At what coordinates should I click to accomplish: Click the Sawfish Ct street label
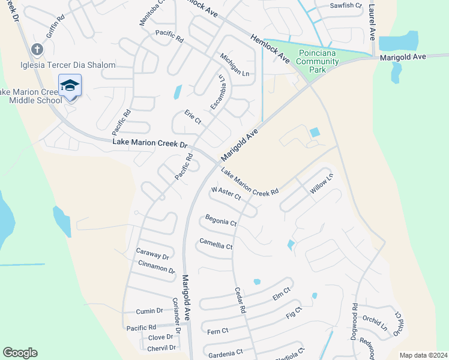[346, 5]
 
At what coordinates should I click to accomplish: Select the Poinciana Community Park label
[318, 61]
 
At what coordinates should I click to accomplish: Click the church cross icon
[37, 49]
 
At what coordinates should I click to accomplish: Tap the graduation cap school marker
[70, 85]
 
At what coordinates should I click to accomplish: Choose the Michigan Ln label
[234, 64]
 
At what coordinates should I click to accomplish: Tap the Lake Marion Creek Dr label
[151, 144]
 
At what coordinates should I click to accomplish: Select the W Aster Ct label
[226, 193]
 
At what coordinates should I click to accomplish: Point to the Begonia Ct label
[221, 220]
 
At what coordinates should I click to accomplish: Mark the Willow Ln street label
[321, 184]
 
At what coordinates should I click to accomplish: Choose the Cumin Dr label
[149, 311]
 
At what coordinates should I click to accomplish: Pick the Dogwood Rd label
[354, 322]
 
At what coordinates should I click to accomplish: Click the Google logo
[20, 353]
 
